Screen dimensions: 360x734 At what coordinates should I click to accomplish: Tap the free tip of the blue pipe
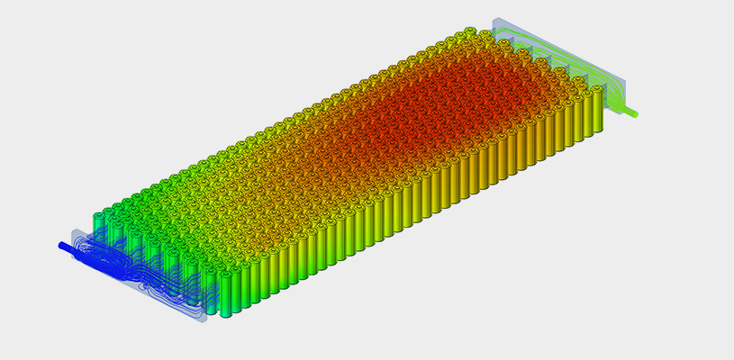coord(61,244)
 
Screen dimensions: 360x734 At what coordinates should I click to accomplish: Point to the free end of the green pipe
coord(637,114)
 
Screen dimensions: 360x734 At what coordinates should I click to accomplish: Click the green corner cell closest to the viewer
coord(224,292)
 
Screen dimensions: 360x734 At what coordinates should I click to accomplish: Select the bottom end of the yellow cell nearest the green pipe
coord(595,134)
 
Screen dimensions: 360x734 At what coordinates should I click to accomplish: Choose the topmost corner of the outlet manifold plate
coord(494,19)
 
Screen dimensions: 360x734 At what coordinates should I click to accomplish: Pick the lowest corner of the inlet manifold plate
coord(204,322)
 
